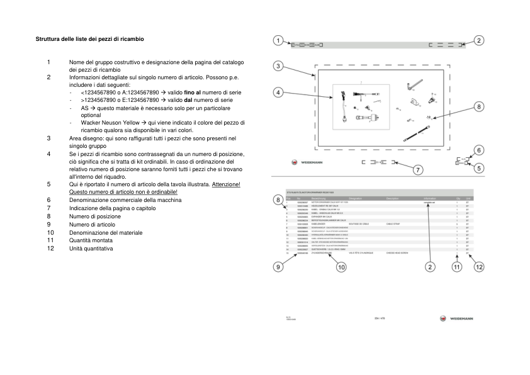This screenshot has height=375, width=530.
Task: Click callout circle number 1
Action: [278, 41]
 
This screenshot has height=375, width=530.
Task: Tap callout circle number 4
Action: [278, 92]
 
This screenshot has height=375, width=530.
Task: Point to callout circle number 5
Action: [478, 168]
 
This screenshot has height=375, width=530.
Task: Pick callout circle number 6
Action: [478, 150]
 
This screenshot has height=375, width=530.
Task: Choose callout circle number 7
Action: [417, 170]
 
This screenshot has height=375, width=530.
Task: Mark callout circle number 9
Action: [278, 266]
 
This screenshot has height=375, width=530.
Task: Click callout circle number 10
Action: [341, 267]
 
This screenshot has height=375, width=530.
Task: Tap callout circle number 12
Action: [478, 267]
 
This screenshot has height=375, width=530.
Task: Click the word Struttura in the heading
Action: [48, 39]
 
